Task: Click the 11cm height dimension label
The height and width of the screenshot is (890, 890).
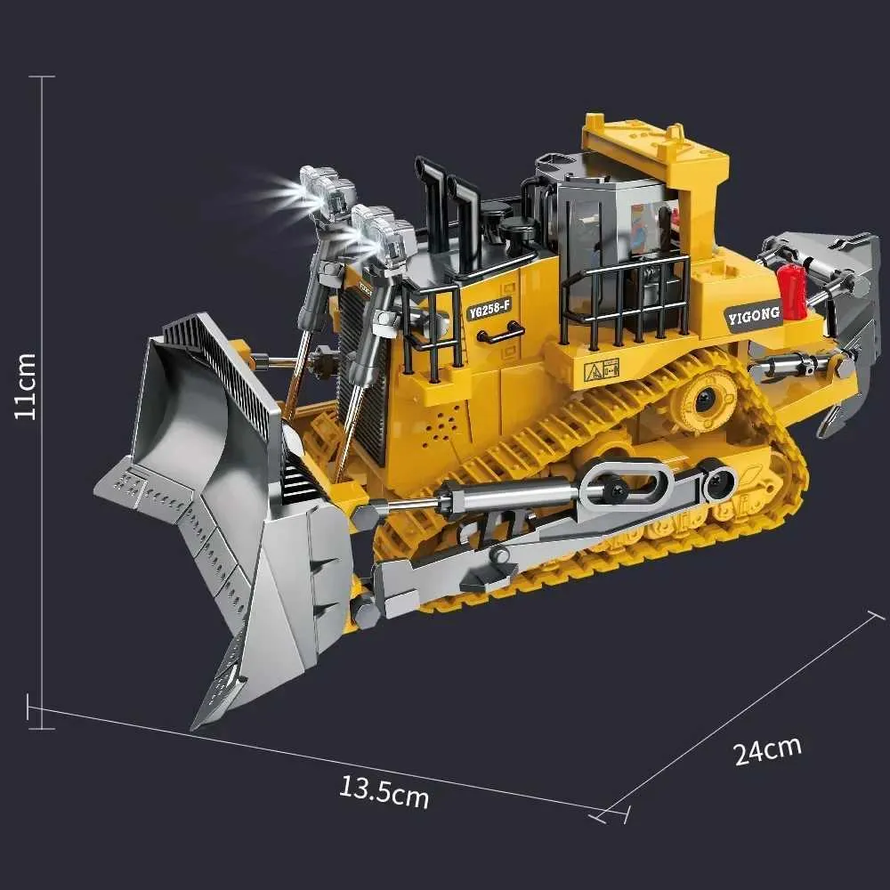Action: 25,386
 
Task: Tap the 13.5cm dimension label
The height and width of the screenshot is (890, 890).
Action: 384,791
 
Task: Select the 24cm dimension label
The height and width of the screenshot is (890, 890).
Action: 767,750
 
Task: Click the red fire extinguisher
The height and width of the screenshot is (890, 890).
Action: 790,291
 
